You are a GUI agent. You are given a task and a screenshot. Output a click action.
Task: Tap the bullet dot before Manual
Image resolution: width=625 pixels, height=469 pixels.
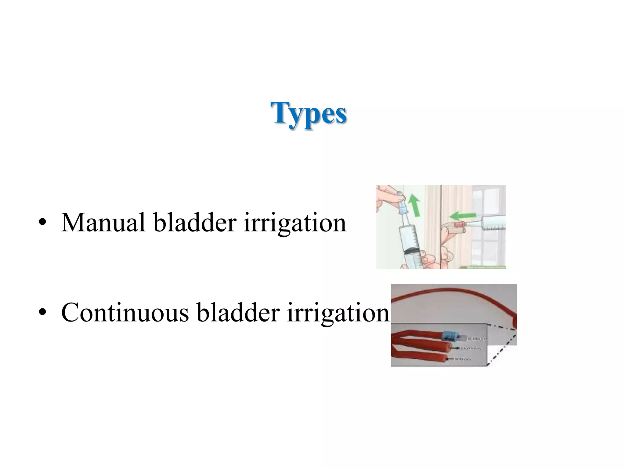tap(42, 223)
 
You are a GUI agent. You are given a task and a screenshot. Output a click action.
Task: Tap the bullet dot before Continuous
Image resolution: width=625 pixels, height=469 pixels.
tap(42, 313)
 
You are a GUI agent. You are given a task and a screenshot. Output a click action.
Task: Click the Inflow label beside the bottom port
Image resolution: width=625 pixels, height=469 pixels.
tap(464, 359)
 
